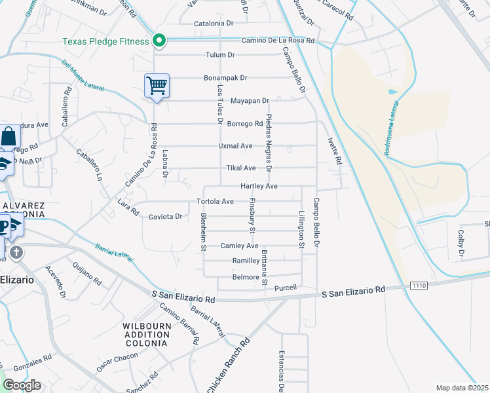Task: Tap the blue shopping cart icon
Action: click(x=157, y=85)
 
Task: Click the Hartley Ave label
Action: click(x=259, y=187)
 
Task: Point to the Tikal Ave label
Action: click(x=240, y=168)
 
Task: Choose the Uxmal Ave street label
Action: click(x=236, y=146)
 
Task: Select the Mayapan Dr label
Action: click(x=250, y=101)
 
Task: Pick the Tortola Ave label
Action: click(x=216, y=201)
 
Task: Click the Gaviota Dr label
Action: click(x=165, y=216)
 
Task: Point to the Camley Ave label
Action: click(x=239, y=246)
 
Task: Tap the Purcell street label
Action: click(x=286, y=288)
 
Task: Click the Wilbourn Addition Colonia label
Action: click(x=146, y=334)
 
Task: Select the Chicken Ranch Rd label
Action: click(x=229, y=367)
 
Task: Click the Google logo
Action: click(x=22, y=385)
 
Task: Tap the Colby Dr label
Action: click(x=461, y=243)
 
